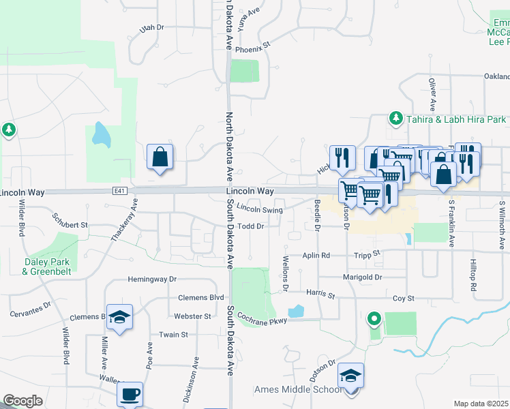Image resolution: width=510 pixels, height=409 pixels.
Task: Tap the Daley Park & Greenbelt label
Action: (x=46, y=267)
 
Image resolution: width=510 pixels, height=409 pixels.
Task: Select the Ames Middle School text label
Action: (x=297, y=390)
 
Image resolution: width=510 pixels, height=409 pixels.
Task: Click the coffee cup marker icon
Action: (x=130, y=393)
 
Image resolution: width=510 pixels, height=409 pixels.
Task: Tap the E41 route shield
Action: (x=112, y=193)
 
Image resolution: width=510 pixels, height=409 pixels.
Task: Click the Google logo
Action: (x=22, y=401)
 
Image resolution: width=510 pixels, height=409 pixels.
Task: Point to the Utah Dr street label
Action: (x=152, y=28)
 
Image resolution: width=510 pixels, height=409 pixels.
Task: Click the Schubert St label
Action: (x=70, y=224)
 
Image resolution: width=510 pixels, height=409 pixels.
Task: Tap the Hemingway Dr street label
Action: (x=152, y=279)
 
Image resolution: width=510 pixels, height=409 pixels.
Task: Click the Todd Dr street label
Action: (x=251, y=226)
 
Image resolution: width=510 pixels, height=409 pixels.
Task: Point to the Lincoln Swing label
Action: (x=260, y=210)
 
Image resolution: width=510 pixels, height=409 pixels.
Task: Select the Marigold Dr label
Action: (x=363, y=277)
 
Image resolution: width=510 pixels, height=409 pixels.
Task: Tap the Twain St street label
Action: (x=174, y=335)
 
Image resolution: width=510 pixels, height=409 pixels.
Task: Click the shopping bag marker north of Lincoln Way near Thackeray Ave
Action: (x=160, y=157)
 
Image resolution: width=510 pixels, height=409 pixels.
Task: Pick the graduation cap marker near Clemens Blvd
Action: (x=119, y=317)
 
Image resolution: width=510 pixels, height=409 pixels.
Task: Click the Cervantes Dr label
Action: (x=30, y=309)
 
